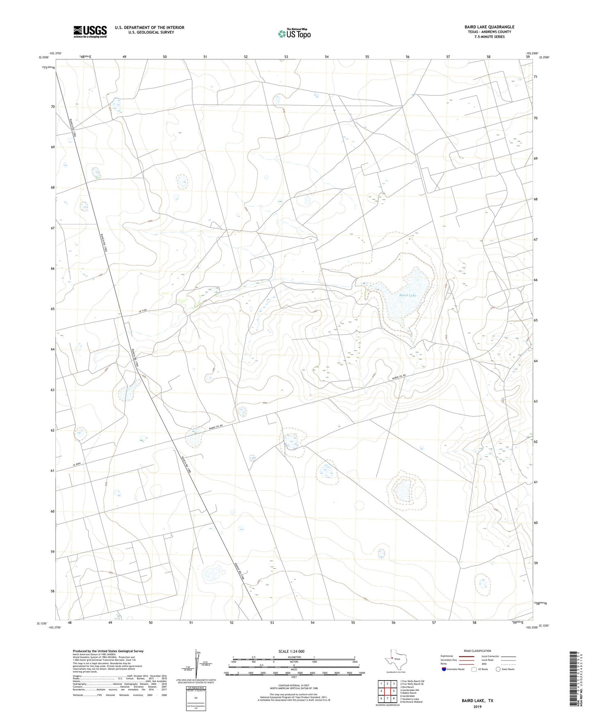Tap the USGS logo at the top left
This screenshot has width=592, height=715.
pos(90,32)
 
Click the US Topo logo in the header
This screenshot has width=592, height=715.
pos(294,34)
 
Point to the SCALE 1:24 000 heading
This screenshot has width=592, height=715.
pos(291,651)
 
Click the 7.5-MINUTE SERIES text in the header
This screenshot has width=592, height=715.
pos(490,37)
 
